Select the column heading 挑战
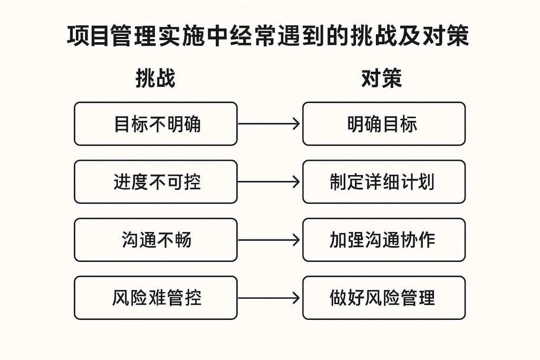[x=155, y=79]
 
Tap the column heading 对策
[x=382, y=79]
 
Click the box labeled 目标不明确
[x=156, y=124]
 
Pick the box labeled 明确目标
[x=384, y=124]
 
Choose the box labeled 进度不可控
[x=156, y=182]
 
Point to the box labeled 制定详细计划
[x=384, y=182]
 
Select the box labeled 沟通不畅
[x=156, y=240]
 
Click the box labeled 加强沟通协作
[x=384, y=240]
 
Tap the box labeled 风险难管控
[x=156, y=298]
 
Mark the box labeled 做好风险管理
[x=384, y=298]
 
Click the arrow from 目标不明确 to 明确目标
[x=269, y=124]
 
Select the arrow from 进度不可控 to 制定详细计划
[x=269, y=182]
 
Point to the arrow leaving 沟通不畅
[x=269, y=240]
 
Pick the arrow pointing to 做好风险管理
[x=269, y=298]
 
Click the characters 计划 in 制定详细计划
[x=418, y=182]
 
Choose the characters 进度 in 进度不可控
[x=130, y=182]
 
